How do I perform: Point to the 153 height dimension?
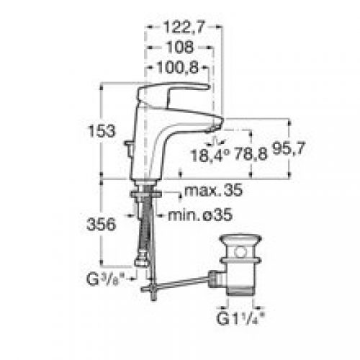pyautogui.click(x=105, y=132)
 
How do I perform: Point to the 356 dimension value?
pyautogui.click(x=105, y=224)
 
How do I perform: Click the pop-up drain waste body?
pyautogui.click(x=242, y=274)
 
